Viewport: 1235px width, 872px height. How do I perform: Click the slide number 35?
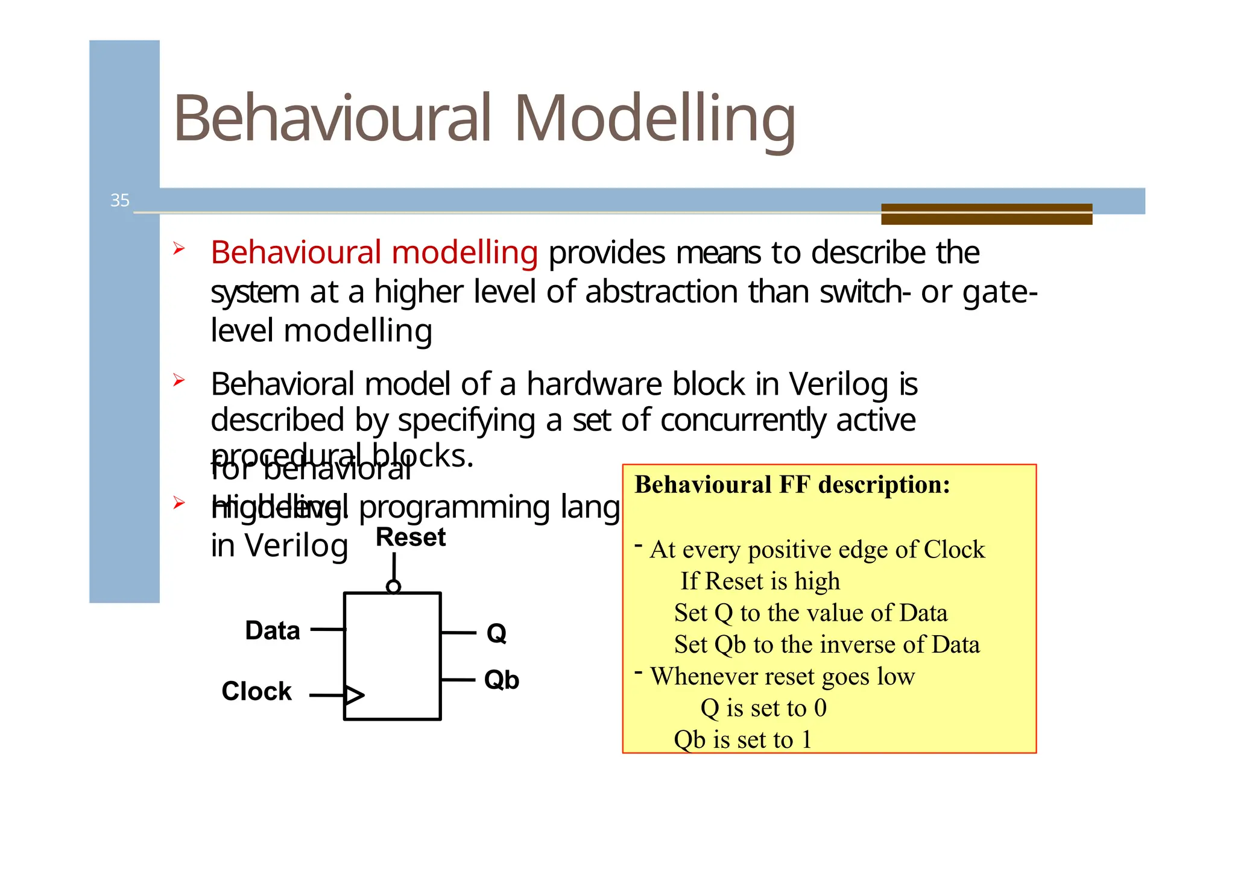coord(119,200)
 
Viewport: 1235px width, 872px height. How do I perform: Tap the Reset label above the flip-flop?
coord(410,537)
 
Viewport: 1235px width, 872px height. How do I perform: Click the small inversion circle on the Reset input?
coord(393,586)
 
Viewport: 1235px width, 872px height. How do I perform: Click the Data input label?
coord(272,630)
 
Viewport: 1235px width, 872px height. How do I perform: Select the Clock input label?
coord(256,691)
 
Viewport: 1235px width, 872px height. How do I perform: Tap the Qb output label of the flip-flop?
coord(501,680)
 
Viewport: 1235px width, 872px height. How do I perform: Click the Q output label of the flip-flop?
coord(496,633)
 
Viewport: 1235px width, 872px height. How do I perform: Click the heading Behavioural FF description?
coord(792,485)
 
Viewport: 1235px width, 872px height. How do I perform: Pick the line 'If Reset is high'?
coord(760,581)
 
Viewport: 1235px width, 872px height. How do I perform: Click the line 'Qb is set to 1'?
coord(742,739)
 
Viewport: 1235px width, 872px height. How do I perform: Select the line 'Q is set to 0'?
coord(763,707)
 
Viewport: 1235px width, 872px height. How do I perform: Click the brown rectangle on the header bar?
coord(986,214)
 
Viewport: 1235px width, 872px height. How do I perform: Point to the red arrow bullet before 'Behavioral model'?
coord(178,380)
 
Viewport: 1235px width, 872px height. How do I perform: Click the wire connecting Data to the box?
coord(327,629)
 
